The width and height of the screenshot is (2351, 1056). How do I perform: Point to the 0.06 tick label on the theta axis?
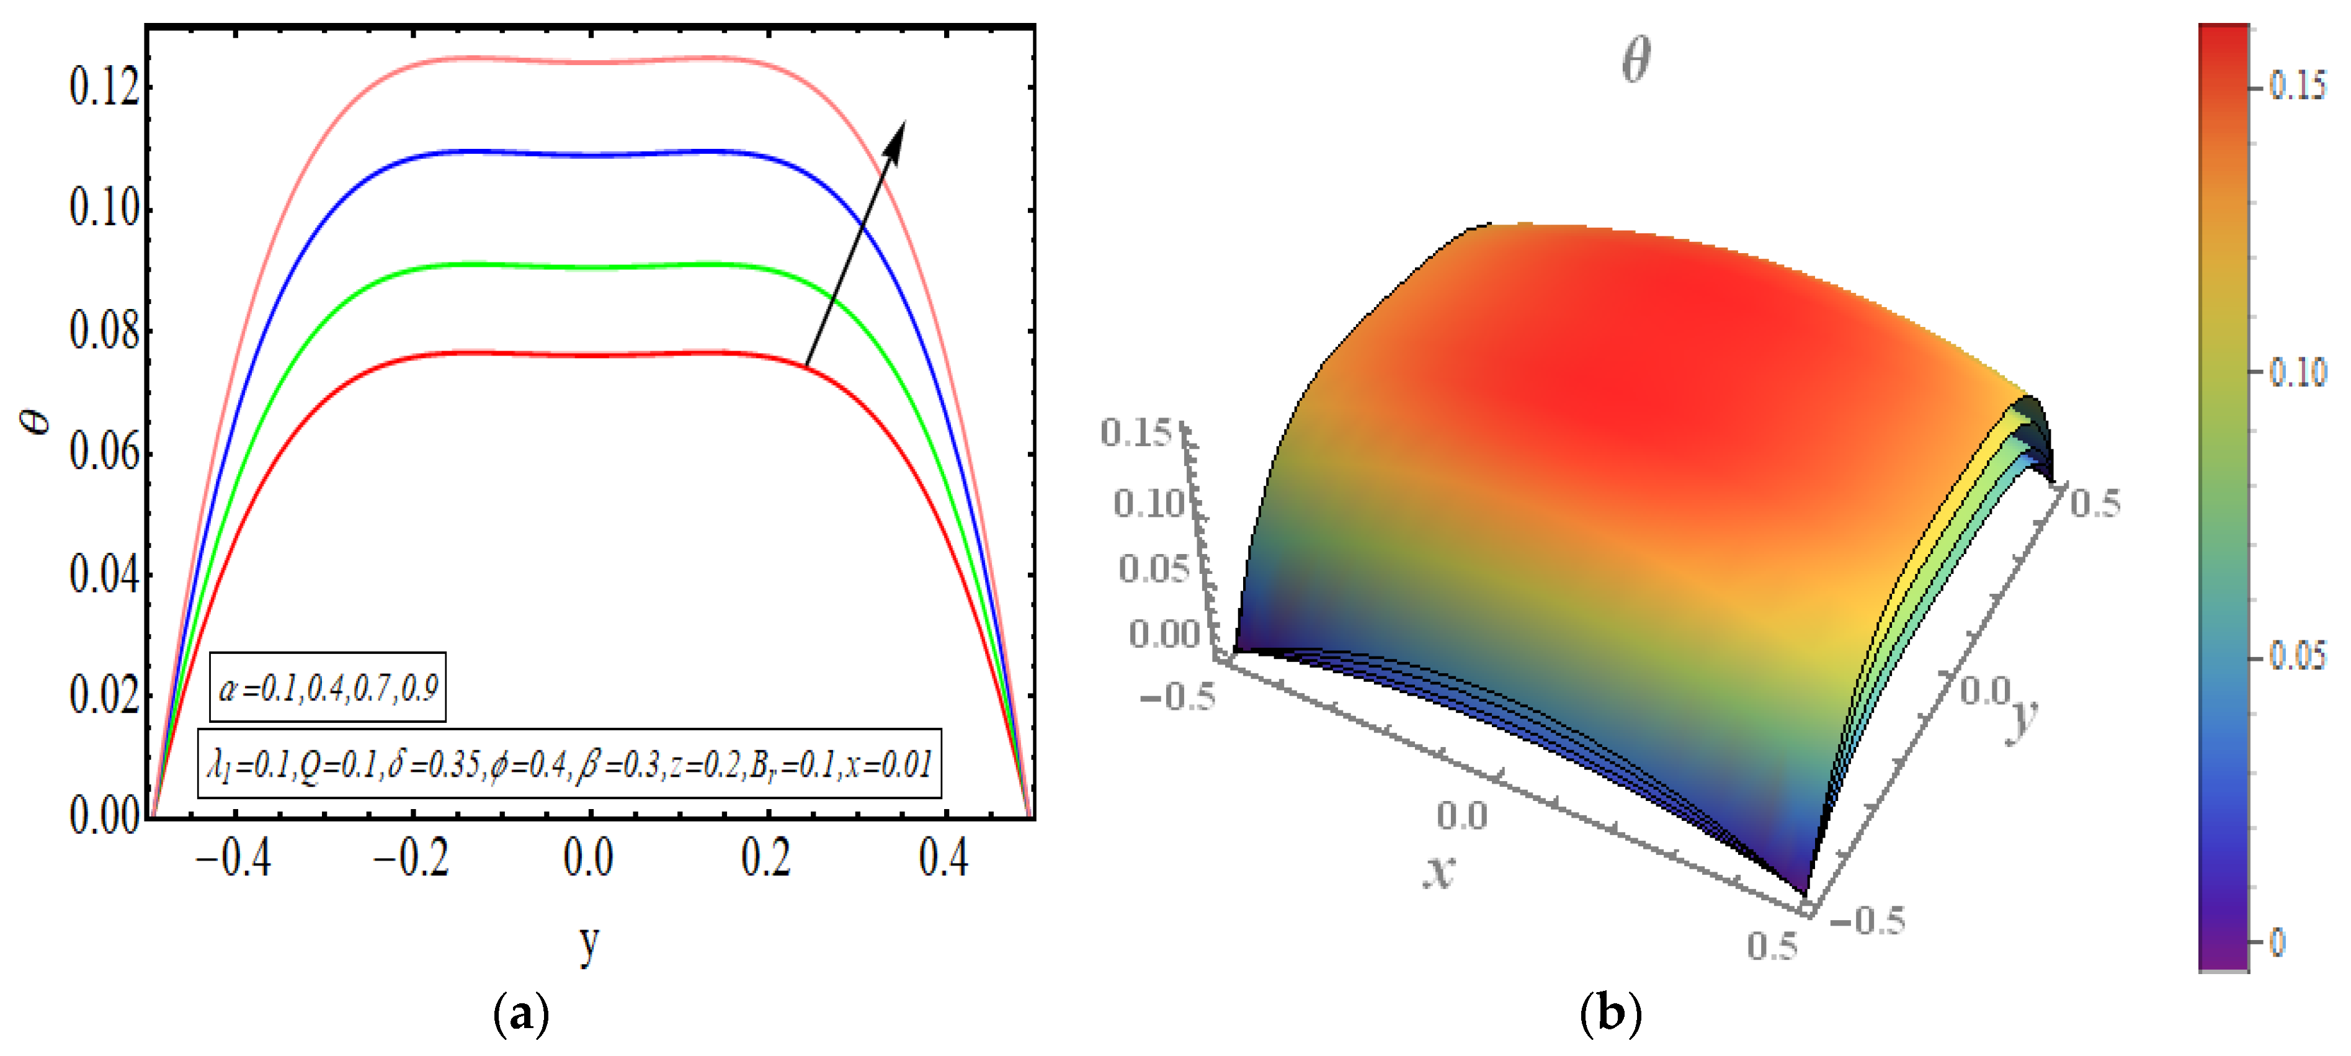coord(104,453)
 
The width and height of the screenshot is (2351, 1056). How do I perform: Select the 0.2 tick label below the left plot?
coord(765,858)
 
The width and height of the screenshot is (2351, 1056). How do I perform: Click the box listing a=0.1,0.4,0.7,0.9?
coord(328,687)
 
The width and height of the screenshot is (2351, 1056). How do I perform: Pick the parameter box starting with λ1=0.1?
coord(569,764)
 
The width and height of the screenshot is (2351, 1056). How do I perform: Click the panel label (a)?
coord(521,1014)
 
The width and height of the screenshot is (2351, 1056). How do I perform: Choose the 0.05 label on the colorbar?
coord(2297,655)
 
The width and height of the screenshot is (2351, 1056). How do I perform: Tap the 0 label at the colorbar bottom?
coord(2278,942)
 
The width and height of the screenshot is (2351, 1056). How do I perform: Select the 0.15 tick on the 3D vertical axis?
coord(1135,432)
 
